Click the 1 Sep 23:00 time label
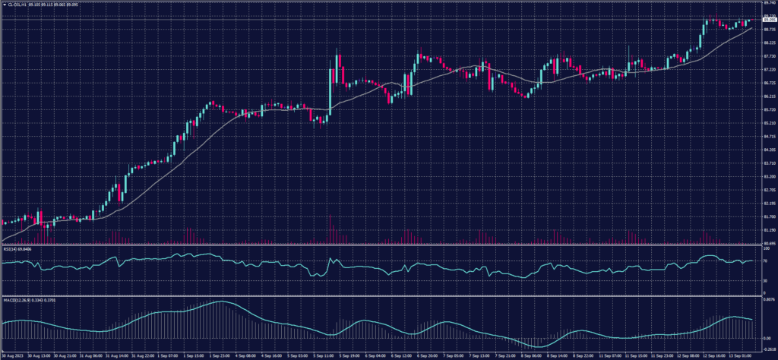pyautogui.click(x=221, y=355)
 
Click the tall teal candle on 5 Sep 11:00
pyautogui.click(x=330, y=91)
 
